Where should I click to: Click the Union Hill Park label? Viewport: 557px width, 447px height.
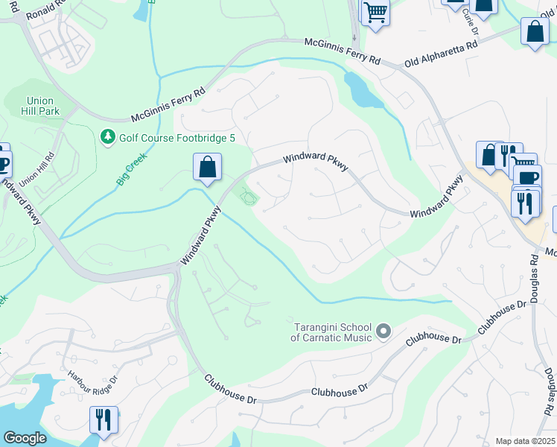[x=42, y=107]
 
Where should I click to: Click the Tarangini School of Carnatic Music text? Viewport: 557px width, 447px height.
[x=331, y=331]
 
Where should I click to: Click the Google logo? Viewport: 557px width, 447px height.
[x=25, y=439]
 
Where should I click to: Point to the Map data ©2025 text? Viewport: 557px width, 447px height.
[x=524, y=441]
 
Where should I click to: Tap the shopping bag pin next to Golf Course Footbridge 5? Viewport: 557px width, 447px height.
[x=208, y=168]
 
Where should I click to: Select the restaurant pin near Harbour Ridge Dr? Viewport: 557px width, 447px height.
[x=104, y=419]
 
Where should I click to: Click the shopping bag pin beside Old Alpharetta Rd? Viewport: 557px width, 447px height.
[x=535, y=34]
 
